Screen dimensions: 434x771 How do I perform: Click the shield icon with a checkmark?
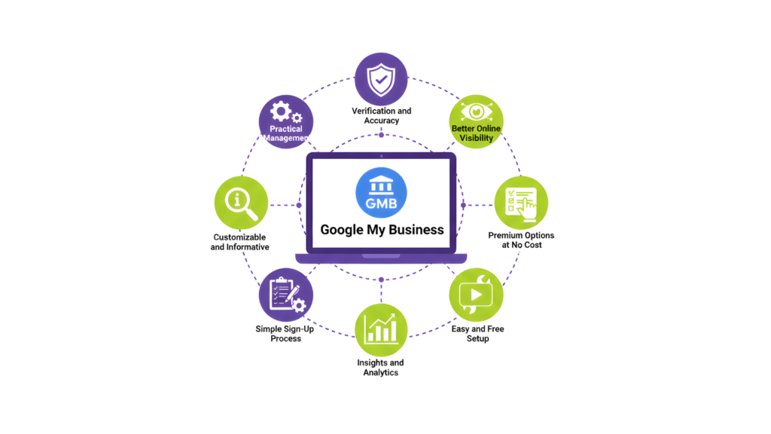point(381,78)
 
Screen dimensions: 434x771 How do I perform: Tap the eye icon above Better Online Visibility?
point(476,112)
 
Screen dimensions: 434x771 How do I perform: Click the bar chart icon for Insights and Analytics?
point(381,329)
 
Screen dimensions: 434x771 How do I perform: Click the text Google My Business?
point(382,230)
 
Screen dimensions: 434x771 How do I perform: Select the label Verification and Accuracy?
point(381,115)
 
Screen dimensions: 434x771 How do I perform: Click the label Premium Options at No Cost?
point(521,240)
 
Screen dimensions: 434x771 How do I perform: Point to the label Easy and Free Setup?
point(477,334)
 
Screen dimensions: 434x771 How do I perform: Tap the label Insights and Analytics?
point(381,368)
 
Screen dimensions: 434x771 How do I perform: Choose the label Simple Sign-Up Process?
point(285,334)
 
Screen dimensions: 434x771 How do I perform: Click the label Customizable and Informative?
point(239,242)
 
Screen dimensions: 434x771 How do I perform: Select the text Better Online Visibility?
point(476,133)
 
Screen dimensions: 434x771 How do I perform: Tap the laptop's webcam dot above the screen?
point(381,156)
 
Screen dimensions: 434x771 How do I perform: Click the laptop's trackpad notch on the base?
point(381,256)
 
